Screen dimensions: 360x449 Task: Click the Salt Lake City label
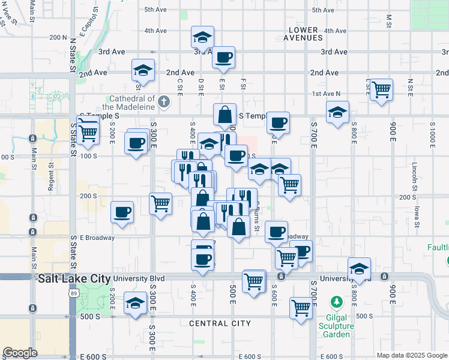[74, 279]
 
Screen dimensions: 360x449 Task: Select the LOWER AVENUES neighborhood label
[306, 34]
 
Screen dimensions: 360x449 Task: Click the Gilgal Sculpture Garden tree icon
[337, 301]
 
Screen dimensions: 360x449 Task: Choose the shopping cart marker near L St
[381, 90]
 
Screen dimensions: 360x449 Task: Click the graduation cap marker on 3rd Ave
[203, 38]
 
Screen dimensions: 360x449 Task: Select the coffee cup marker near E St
[224, 58]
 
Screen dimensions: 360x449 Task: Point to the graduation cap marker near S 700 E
[338, 112]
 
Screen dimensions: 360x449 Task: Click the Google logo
[20, 353]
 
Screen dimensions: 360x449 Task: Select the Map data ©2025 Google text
[412, 355]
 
